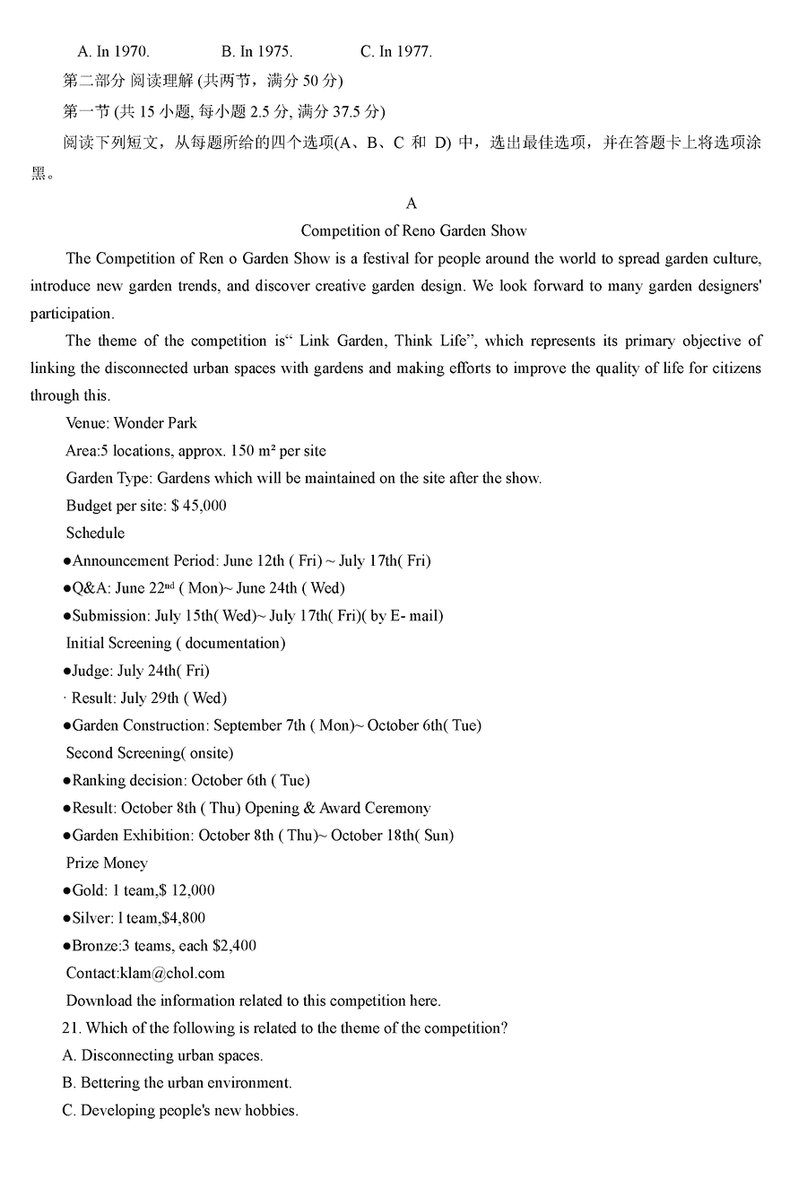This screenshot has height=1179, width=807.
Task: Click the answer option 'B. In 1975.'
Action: (256, 52)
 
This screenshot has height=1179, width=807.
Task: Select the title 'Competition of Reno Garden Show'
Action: (413, 231)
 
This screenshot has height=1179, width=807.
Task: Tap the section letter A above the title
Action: (412, 204)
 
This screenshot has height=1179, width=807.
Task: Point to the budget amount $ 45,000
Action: (198, 506)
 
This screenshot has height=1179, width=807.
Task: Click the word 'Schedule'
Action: (95, 533)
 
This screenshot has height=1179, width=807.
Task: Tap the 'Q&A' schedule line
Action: (206, 588)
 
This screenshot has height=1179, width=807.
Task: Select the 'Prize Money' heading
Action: (107, 863)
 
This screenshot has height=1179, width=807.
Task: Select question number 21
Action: (72, 1028)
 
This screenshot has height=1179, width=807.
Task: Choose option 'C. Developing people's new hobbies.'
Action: (180, 1111)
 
